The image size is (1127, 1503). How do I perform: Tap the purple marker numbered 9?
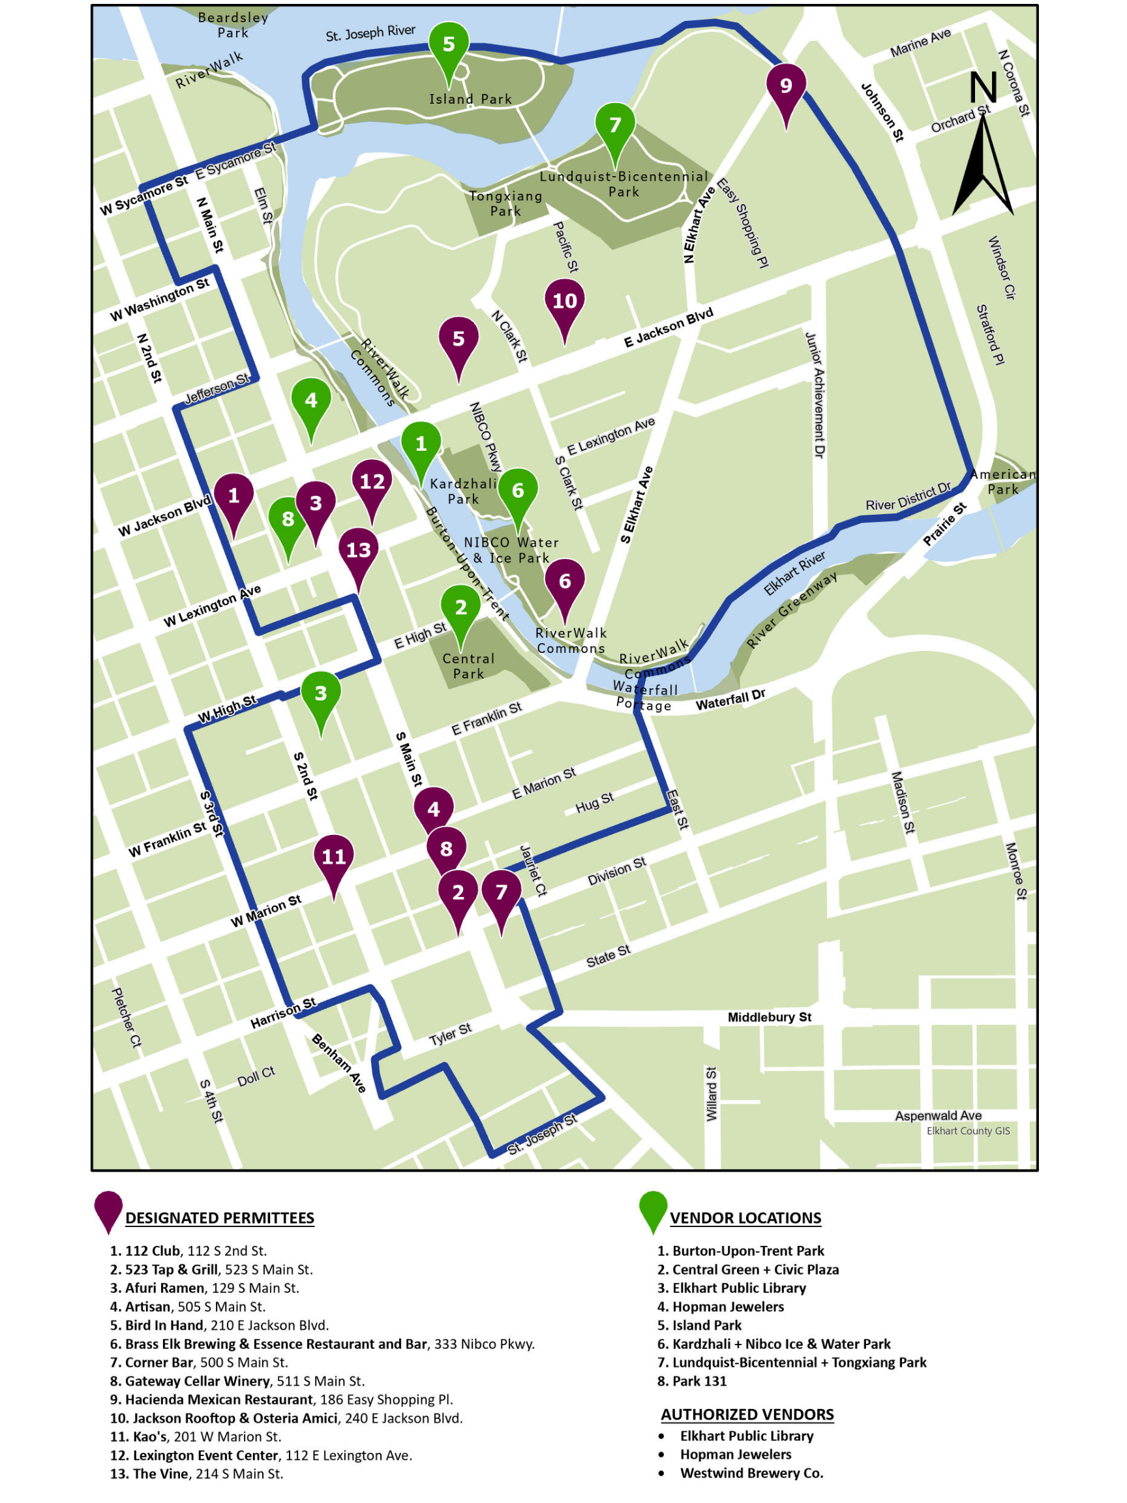pos(786,86)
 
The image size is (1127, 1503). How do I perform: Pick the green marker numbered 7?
pos(615,126)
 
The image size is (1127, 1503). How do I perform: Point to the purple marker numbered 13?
pos(358,551)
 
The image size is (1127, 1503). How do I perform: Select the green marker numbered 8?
pos(288,521)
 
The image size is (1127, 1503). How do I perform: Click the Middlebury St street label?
pos(769,1017)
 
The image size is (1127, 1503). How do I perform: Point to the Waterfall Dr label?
pos(730,700)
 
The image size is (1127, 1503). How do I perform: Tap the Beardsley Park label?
pos(233,25)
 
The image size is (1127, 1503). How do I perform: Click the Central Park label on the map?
pos(468,666)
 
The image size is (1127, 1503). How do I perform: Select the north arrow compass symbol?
pos(982,146)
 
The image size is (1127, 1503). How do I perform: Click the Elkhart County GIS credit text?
pos(967,1131)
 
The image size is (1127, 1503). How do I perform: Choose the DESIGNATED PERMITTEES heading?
pos(219,1218)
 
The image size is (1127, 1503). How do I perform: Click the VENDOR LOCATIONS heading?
pos(745,1218)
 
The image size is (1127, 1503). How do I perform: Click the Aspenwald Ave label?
pos(937,1116)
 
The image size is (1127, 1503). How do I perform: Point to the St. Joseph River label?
pos(370,33)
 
